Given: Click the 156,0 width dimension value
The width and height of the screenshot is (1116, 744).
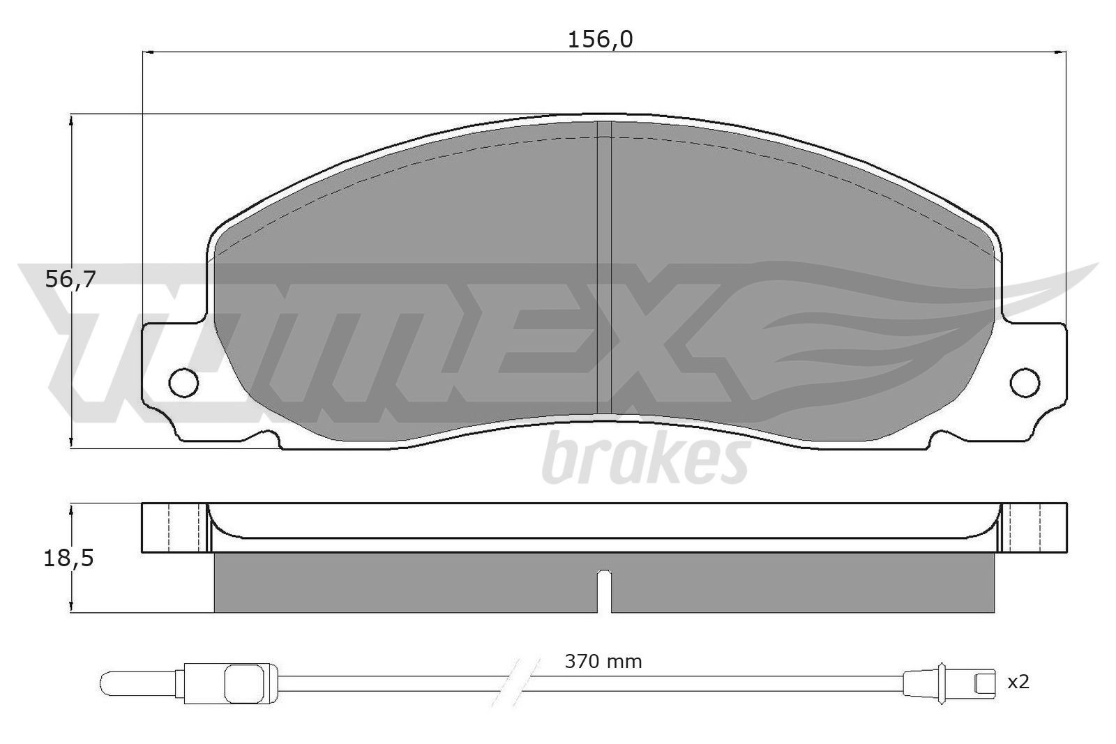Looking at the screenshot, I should [x=600, y=40].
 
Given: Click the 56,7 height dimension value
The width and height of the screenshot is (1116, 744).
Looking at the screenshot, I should [x=70, y=280].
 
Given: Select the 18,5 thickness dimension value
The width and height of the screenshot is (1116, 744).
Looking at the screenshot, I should [x=68, y=559].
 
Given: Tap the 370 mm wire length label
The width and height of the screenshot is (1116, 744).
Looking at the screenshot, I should [x=603, y=660].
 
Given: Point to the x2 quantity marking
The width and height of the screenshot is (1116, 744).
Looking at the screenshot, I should [x=1018, y=682].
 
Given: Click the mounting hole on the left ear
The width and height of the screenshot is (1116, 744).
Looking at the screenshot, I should [x=184, y=381].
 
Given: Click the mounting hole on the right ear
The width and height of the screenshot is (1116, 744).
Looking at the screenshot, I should [x=1025, y=381].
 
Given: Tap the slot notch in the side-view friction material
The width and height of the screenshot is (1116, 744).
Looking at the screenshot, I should [x=605, y=589].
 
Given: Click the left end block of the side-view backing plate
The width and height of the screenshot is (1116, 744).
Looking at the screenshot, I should [x=174, y=528].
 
